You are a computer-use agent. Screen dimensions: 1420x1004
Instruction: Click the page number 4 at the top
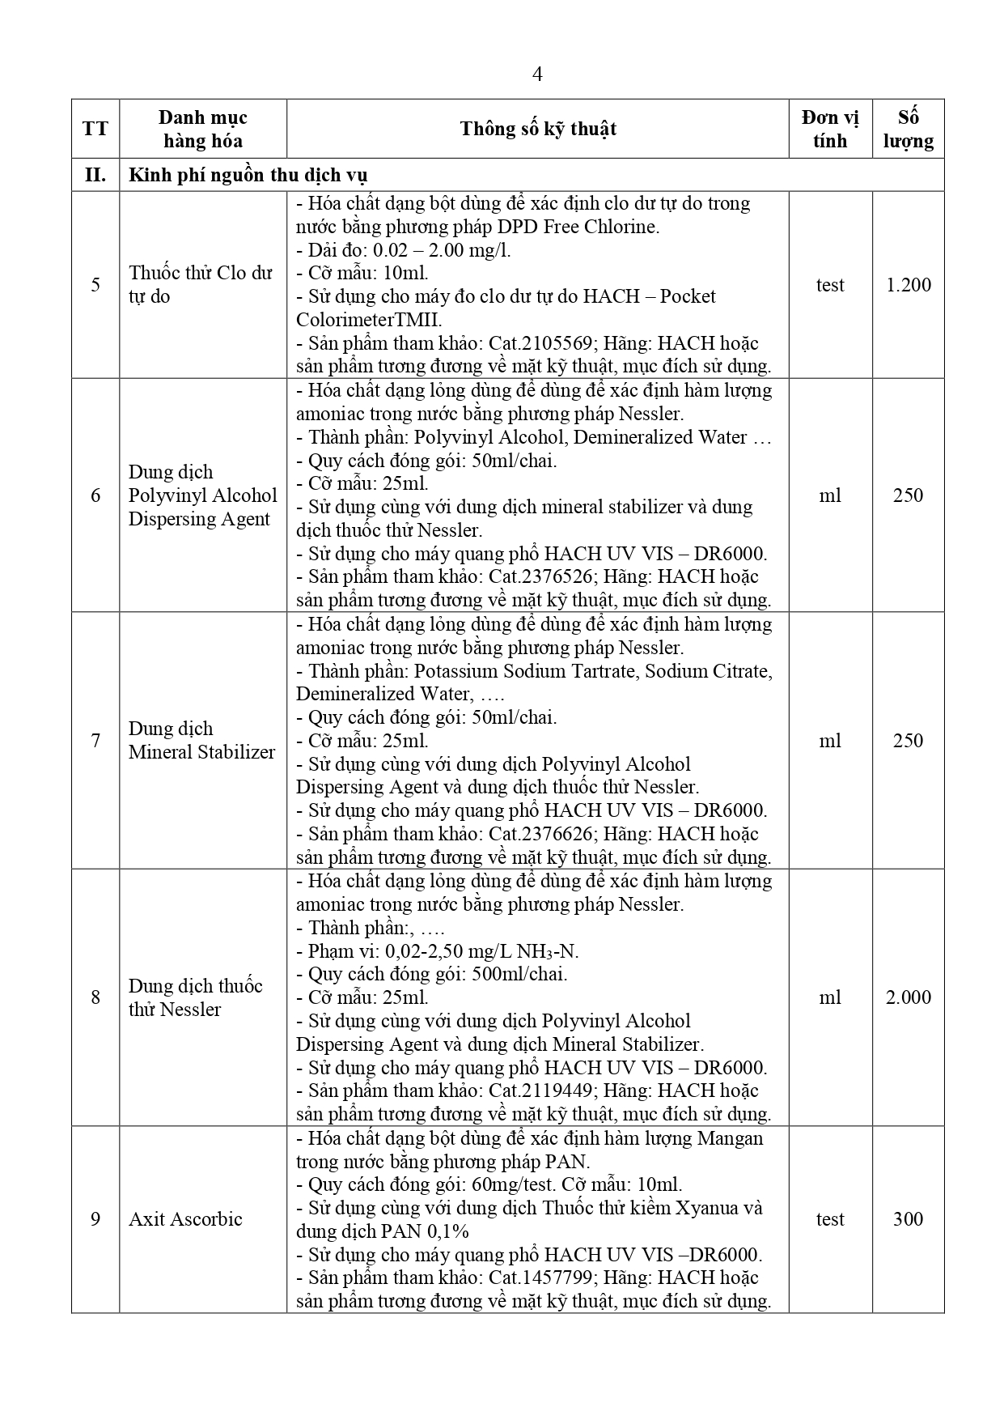pyautogui.click(x=537, y=74)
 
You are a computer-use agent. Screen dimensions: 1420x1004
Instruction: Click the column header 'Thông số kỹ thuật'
pyautogui.click(x=538, y=129)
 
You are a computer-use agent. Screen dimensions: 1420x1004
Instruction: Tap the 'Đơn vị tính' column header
pyautogui.click(x=830, y=129)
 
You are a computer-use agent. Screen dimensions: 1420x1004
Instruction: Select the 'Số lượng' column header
pyautogui.click(x=908, y=129)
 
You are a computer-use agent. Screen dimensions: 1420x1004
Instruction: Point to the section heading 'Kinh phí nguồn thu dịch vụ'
pyautogui.click(x=248, y=175)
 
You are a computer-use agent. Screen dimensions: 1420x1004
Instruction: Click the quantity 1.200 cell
pyautogui.click(x=908, y=285)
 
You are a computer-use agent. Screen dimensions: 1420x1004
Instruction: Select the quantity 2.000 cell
pyautogui.click(x=908, y=997)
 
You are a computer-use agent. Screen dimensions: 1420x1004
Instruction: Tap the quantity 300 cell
pyautogui.click(x=908, y=1219)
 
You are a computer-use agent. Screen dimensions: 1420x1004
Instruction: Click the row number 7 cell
pyautogui.click(x=95, y=741)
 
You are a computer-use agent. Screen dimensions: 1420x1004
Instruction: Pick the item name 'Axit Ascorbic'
pyautogui.click(x=185, y=1219)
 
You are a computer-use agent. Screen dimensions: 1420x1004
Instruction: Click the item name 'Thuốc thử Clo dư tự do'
pyautogui.click(x=200, y=284)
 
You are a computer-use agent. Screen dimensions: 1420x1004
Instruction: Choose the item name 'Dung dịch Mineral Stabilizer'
pyautogui.click(x=201, y=740)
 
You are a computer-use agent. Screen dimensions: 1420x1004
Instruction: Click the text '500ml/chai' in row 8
pyautogui.click(x=519, y=974)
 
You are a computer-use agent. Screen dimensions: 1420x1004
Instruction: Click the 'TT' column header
pyautogui.click(x=95, y=129)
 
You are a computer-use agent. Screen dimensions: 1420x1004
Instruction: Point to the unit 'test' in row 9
pyautogui.click(x=830, y=1219)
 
